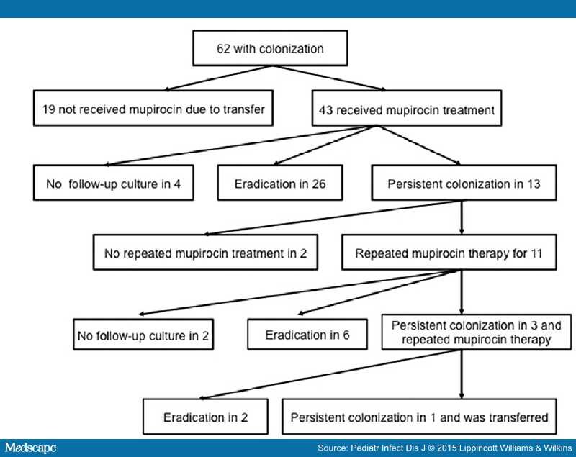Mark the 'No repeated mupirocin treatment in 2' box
pyautogui.click(x=206, y=253)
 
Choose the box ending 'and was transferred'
pyautogui.click(x=420, y=417)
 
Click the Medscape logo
pyautogui.click(x=30, y=448)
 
